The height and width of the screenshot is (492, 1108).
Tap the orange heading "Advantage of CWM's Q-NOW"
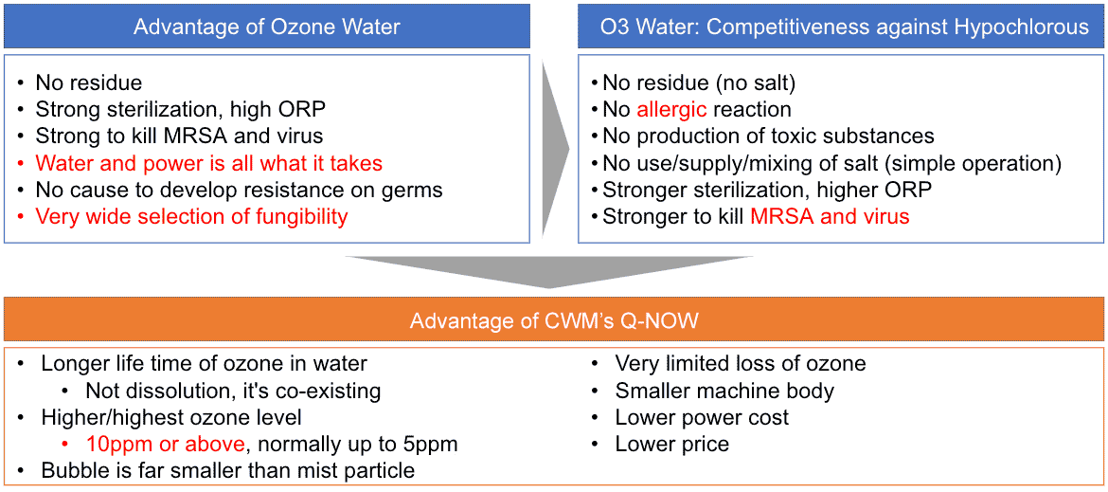click(x=554, y=320)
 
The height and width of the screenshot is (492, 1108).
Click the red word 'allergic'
click(x=671, y=109)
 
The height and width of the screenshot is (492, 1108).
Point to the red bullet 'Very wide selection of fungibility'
click(x=191, y=217)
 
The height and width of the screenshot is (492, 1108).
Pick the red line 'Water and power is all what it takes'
click(x=208, y=163)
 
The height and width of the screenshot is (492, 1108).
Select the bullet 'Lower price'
click(x=671, y=444)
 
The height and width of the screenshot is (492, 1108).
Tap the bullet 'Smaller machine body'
click(x=724, y=391)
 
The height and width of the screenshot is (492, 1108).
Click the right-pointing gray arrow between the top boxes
click(x=554, y=148)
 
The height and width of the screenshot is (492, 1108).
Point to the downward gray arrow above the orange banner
click(x=549, y=271)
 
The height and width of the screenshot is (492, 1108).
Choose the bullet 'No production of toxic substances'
click(x=768, y=137)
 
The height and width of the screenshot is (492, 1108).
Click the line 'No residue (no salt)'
click(x=700, y=82)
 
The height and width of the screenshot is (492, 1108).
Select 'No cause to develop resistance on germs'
click(x=239, y=190)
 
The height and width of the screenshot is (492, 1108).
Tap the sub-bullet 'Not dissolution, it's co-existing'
click(x=233, y=391)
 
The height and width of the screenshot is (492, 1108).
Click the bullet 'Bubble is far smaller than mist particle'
click(x=227, y=470)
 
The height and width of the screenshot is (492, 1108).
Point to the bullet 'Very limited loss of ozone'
click(x=740, y=364)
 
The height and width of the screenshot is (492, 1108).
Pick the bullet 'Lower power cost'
click(x=702, y=417)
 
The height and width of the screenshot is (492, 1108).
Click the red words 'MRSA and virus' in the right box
click(x=830, y=217)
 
